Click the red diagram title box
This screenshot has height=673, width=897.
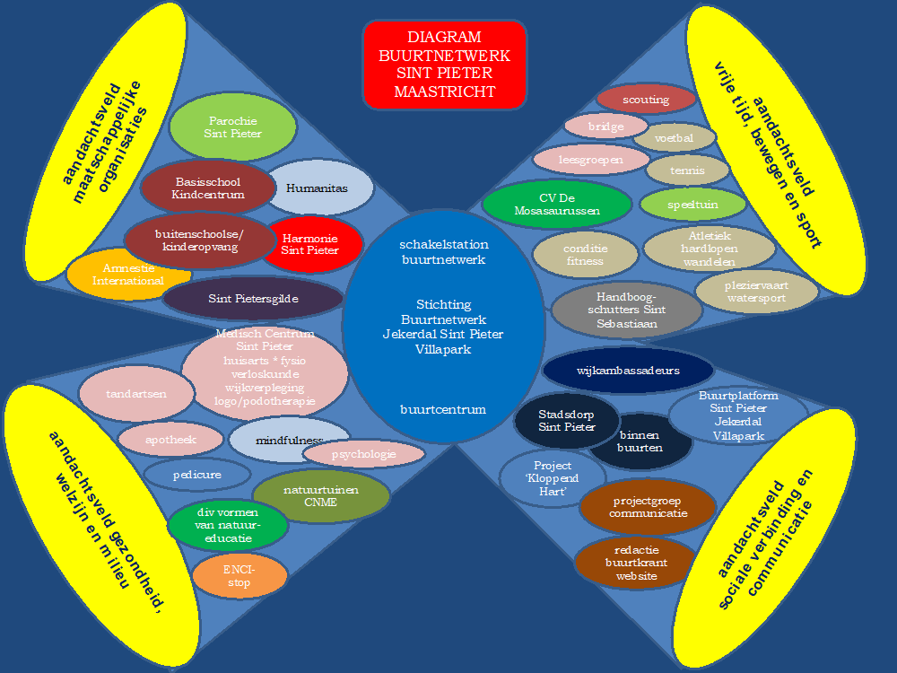[444, 65]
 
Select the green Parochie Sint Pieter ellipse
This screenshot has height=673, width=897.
[232, 127]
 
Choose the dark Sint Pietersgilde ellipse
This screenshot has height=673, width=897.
[253, 299]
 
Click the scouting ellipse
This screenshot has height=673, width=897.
[646, 100]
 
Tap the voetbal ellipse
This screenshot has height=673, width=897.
[675, 139]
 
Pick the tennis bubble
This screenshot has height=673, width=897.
[687, 170]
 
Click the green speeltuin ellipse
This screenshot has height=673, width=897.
[692, 205]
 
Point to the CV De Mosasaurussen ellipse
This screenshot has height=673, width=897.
[544, 205]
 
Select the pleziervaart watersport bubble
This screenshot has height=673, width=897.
[757, 292]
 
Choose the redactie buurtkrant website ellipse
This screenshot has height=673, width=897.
[636, 563]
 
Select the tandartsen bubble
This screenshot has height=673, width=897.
[135, 393]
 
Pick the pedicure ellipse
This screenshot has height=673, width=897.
[196, 473]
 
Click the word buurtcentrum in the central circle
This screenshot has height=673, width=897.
[443, 409]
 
